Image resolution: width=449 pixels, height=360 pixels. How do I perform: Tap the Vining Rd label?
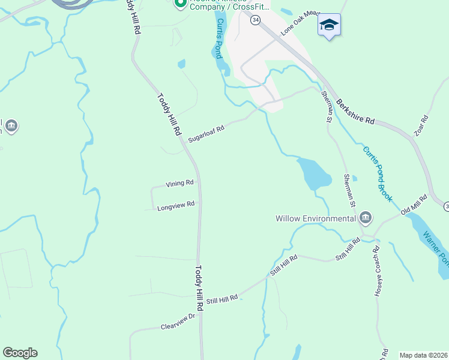180,183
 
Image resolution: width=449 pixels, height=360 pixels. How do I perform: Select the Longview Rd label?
176,205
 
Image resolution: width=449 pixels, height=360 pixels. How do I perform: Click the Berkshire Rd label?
355,112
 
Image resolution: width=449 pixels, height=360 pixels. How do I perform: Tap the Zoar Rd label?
422,125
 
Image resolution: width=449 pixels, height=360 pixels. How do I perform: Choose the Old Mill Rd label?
414,205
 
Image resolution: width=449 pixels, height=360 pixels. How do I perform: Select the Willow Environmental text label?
316,218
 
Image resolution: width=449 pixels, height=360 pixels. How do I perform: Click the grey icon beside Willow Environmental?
366,217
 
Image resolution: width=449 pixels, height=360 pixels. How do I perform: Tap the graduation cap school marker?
329,25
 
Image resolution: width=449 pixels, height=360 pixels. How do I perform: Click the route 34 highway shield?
256,20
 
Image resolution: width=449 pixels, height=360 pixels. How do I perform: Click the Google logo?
20,353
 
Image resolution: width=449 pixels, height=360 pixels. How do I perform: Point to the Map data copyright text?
423,355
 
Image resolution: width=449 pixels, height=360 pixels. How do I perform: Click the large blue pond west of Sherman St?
314,173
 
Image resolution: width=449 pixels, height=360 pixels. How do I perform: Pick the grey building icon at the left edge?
11,126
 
